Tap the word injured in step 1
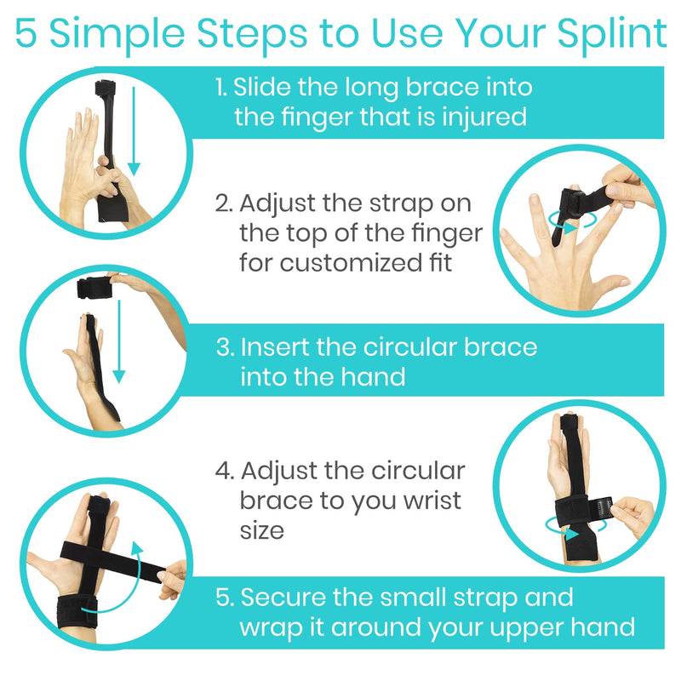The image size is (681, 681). tap(486, 117)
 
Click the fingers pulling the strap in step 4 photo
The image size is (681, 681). tap(630, 513)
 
